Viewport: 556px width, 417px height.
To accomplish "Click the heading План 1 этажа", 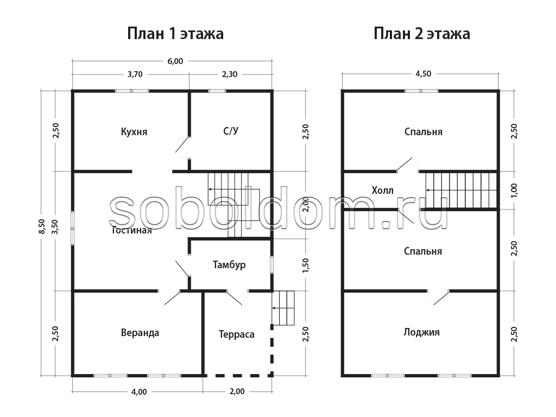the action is [175, 34].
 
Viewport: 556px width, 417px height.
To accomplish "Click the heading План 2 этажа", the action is [421, 34].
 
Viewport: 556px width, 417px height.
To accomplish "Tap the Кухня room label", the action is [134, 131].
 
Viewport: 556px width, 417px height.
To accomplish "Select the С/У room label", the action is [231, 131].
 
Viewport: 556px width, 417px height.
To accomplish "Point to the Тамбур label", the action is [229, 265].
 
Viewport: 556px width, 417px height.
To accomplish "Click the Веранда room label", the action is [140, 333].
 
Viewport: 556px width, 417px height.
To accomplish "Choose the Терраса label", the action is [237, 334].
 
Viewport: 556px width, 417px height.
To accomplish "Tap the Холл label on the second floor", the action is [382, 191].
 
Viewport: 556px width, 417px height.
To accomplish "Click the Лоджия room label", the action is [421, 332].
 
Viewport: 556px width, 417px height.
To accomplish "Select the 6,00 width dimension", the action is [175, 61].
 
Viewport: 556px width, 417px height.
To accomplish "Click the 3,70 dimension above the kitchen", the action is [135, 74].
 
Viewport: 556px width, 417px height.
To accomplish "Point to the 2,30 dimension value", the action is [230, 74].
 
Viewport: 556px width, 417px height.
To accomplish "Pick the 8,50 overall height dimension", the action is [42, 226].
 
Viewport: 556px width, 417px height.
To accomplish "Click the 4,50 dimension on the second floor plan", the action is [424, 74].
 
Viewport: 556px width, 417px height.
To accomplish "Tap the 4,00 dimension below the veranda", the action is [139, 392].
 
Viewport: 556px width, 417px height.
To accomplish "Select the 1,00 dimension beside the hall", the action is [514, 191].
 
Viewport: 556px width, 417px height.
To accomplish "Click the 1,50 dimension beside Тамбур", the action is [306, 265].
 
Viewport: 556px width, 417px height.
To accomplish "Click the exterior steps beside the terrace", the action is [283, 308].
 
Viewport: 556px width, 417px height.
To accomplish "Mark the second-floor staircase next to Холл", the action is [460, 190].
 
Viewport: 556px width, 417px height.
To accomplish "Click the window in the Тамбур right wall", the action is [271, 264].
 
